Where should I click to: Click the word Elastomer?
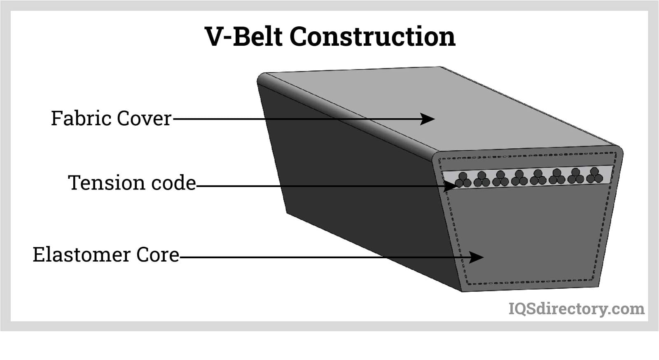coord(82,255)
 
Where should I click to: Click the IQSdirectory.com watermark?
coord(577,309)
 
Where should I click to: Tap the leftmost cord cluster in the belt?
coord(463,180)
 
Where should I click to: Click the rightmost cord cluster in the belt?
coord(594,175)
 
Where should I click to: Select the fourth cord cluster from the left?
coord(519,178)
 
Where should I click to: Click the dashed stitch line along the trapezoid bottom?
coord(531,283)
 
